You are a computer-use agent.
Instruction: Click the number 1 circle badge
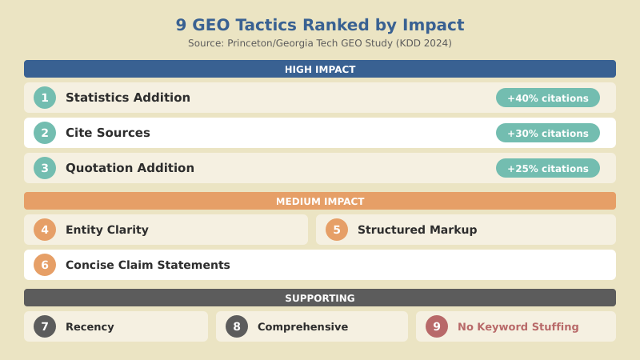pyautogui.click(x=45, y=98)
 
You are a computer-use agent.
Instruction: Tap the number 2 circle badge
pyautogui.click(x=45, y=133)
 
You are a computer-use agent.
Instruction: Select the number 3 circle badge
pyautogui.click(x=45, y=168)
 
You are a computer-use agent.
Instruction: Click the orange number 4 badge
pyautogui.click(x=45, y=230)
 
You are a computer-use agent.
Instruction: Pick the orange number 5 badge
pyautogui.click(x=337, y=230)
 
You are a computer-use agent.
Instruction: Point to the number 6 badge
pyautogui.click(x=45, y=265)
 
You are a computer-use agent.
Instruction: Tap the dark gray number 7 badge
pyautogui.click(x=45, y=326)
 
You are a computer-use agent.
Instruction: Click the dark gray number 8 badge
pyautogui.click(x=237, y=326)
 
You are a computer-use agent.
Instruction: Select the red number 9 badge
pyautogui.click(x=437, y=326)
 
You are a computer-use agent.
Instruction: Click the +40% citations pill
pyautogui.click(x=548, y=98)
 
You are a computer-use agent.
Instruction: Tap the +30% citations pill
pyautogui.click(x=548, y=133)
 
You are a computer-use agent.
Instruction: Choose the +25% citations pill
pyautogui.click(x=548, y=168)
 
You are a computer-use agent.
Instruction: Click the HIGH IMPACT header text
pyautogui.click(x=320, y=70)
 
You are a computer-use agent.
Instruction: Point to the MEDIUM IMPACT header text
pyautogui.click(x=320, y=202)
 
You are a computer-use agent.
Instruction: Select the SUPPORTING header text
pyautogui.click(x=320, y=298)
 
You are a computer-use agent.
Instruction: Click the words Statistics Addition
pyautogui.click(x=128, y=98)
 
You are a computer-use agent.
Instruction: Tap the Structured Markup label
pyautogui.click(x=417, y=230)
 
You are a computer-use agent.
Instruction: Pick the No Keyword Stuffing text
pyautogui.click(x=518, y=326)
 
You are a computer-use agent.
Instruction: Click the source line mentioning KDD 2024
pyautogui.click(x=320, y=43)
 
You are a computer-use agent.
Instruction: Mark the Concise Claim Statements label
pyautogui.click(x=147, y=265)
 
